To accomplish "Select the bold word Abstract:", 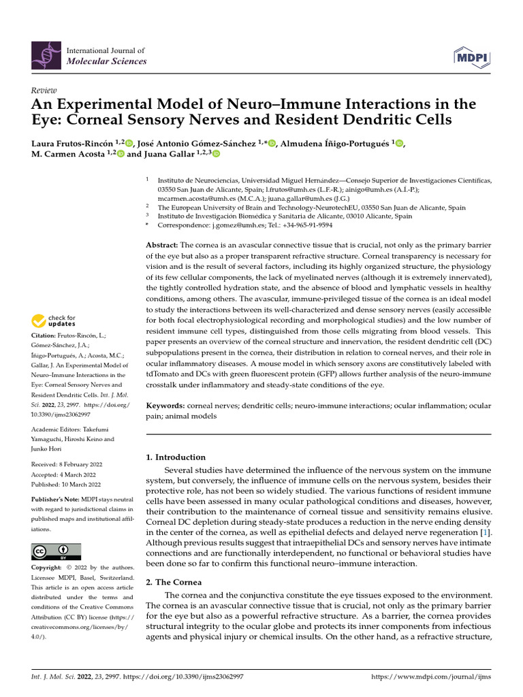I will pos(163,244).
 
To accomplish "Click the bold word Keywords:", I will pos(165,405).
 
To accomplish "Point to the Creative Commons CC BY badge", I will pos(56,551).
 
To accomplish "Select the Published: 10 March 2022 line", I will pos(65,485).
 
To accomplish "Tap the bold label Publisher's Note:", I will pos(55,499).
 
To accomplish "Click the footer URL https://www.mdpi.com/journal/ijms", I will pos(430,678).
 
